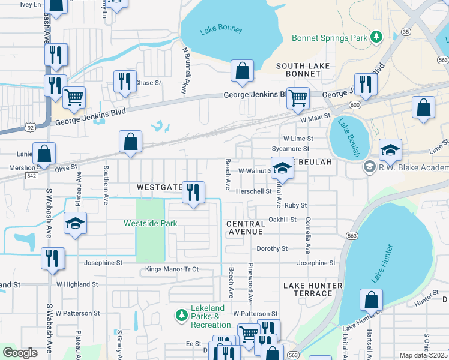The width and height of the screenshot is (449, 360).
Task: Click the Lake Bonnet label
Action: (221, 30)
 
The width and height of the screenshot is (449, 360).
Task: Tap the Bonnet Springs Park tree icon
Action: (376, 38)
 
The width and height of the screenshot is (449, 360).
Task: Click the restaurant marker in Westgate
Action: (192, 193)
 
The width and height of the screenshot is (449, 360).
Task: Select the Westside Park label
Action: (151, 223)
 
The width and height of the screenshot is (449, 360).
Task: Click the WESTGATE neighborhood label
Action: (159, 187)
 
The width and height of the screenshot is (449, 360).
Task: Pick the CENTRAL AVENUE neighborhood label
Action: (245, 227)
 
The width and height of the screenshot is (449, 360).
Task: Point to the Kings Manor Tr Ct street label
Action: (171, 270)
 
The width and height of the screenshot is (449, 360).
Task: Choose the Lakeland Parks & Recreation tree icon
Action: (181, 314)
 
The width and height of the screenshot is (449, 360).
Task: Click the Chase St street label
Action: (148, 83)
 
